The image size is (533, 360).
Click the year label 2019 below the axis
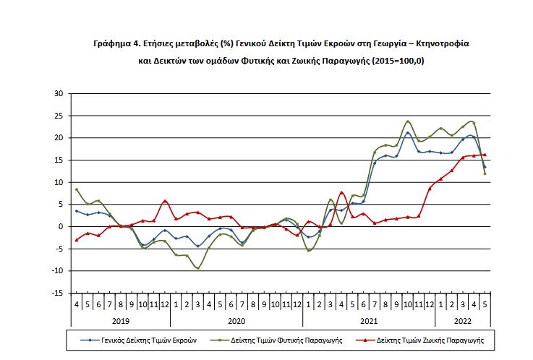120,319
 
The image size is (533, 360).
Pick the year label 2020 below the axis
236,319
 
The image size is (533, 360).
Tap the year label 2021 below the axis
369,319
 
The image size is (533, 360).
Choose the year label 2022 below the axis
463,319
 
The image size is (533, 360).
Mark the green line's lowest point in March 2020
198,267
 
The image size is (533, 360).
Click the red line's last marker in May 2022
485,154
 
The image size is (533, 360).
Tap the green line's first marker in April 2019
77,189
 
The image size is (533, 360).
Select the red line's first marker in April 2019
77,240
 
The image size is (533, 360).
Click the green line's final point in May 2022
485,173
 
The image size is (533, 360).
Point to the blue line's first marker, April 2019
77,211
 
